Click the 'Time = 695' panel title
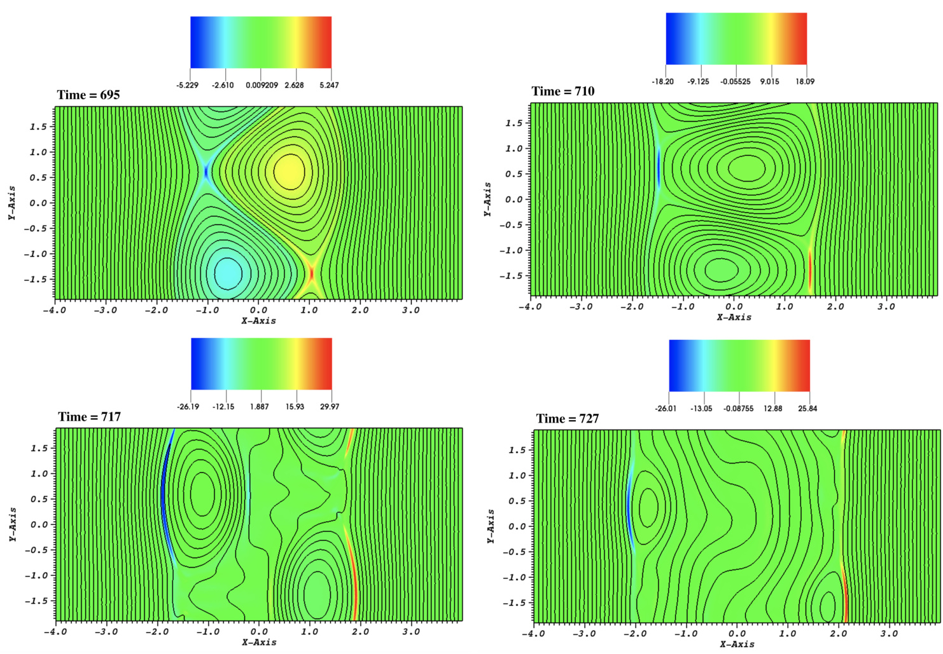88,95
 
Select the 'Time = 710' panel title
563,92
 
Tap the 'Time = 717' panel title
90,417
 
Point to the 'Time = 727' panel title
568,419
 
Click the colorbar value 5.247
329,85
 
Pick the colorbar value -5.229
187,85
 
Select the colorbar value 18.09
805,81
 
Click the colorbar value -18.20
662,81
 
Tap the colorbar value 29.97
330,407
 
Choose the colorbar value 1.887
260,407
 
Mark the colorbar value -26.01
666,409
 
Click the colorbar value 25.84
807,409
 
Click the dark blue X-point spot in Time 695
206,170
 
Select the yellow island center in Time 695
290,170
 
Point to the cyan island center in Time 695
227,273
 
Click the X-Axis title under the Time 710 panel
734,317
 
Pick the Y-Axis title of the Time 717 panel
13,524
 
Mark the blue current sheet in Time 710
659,168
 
